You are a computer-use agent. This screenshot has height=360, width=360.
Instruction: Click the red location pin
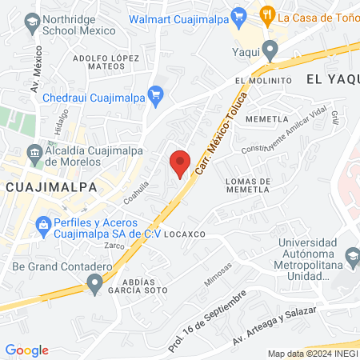[180, 162]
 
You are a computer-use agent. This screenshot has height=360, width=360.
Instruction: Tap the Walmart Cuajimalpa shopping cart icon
[238, 15]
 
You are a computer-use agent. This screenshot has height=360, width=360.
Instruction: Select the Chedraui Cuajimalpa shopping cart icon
[156, 95]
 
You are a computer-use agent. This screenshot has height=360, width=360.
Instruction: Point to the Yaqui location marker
[271, 51]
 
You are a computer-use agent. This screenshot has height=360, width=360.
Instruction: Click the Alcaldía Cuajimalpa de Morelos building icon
[34, 152]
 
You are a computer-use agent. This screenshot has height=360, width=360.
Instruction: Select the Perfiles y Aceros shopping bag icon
[43, 226]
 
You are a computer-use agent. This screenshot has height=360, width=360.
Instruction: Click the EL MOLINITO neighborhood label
[262, 82]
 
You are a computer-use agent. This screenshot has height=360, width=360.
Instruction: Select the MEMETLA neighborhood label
[267, 119]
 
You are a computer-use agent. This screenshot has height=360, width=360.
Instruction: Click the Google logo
[27, 350]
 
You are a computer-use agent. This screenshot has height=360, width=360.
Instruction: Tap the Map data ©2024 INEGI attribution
[312, 354]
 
